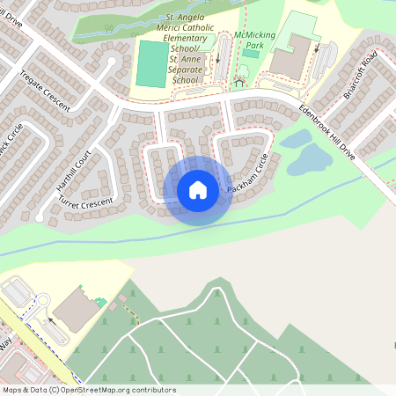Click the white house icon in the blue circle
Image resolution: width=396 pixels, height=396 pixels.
pyautogui.click(x=198, y=190)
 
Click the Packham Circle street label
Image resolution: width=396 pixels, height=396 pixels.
pyautogui.click(x=246, y=178)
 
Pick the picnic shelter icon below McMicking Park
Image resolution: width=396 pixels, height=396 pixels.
pyautogui.click(x=238, y=84)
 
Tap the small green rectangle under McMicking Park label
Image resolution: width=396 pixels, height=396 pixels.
pyautogui.click(x=251, y=54)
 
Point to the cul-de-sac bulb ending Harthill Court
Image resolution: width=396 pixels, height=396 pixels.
pyautogui.click(x=113, y=62)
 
